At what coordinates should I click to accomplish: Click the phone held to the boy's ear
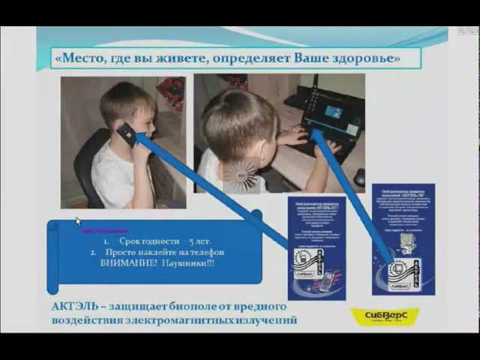(x=127, y=134)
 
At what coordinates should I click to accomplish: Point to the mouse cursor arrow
(x=77, y=220)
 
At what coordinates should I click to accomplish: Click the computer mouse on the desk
(x=359, y=177)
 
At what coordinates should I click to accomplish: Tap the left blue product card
(x=316, y=247)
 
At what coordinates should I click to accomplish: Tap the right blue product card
(x=403, y=238)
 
